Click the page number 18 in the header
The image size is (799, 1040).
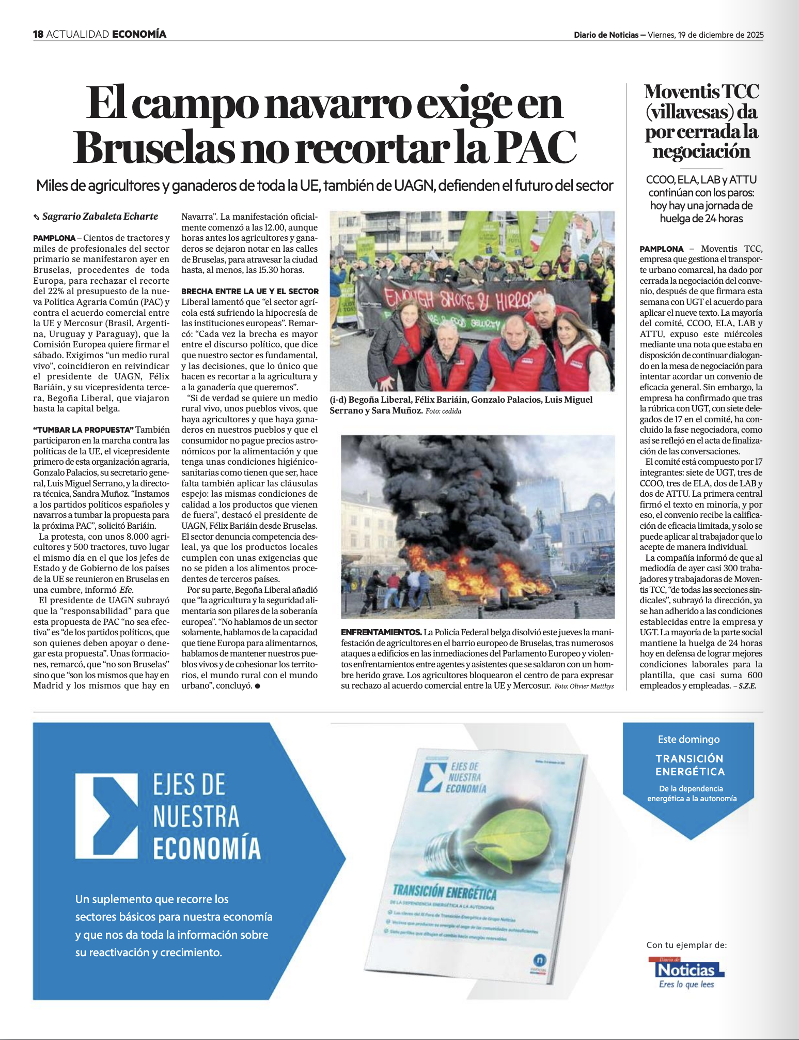[x=38, y=35]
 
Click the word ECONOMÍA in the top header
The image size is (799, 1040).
[x=139, y=35]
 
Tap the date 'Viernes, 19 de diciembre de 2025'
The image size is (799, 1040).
[x=706, y=35]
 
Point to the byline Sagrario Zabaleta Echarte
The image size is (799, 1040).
[x=100, y=217]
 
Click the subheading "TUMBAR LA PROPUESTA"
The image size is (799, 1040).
[x=83, y=430]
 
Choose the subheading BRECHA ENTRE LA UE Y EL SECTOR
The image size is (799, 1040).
[x=250, y=292]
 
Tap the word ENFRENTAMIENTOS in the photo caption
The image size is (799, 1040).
[x=381, y=633]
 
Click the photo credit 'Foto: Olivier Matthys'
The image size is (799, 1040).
[x=584, y=686]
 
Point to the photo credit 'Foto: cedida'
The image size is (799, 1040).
[x=443, y=411]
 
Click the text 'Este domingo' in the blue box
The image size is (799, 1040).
[x=688, y=740]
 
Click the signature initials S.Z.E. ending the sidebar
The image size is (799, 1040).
[x=747, y=686]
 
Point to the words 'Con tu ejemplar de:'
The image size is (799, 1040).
[x=686, y=945]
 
